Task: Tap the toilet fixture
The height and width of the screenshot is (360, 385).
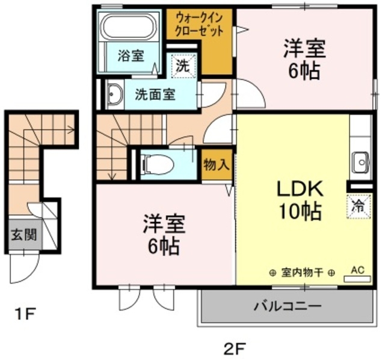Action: (159, 164)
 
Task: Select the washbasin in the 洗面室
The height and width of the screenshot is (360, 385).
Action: (115, 95)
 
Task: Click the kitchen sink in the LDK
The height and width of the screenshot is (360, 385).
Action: (361, 163)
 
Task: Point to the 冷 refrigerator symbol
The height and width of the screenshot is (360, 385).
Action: (359, 206)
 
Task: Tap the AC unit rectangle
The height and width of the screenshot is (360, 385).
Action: (357, 279)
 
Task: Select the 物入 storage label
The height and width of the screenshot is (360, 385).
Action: (217, 164)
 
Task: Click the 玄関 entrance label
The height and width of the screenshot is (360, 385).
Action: (24, 234)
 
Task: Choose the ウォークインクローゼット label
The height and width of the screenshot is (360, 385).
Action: (199, 25)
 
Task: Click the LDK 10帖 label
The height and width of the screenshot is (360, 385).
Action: (300, 200)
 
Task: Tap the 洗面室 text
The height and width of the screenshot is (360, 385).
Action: (155, 95)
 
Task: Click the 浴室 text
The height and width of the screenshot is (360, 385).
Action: (131, 55)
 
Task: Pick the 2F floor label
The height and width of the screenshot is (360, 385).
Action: (234, 348)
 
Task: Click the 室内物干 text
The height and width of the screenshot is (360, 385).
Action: (302, 273)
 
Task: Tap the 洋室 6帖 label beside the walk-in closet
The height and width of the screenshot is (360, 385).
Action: (304, 59)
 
